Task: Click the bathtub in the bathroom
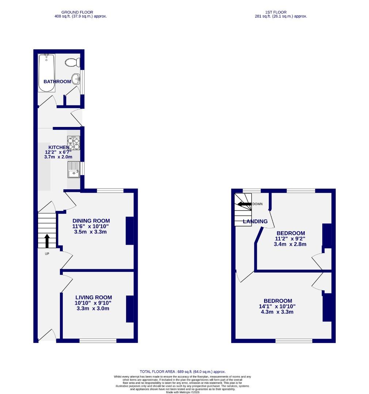47,72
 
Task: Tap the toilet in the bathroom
72,62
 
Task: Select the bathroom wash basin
76,79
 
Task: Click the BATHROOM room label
57,82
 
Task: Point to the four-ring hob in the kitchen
73,143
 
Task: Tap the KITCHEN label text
56,147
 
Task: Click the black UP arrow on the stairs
47,241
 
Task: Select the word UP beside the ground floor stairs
47,254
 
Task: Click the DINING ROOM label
91,221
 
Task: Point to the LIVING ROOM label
94,297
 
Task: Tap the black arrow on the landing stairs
243,204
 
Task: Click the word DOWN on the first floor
258,204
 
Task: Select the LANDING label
255,221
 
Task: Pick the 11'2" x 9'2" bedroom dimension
290,239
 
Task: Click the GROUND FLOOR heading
77,12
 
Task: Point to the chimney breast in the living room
130,309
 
